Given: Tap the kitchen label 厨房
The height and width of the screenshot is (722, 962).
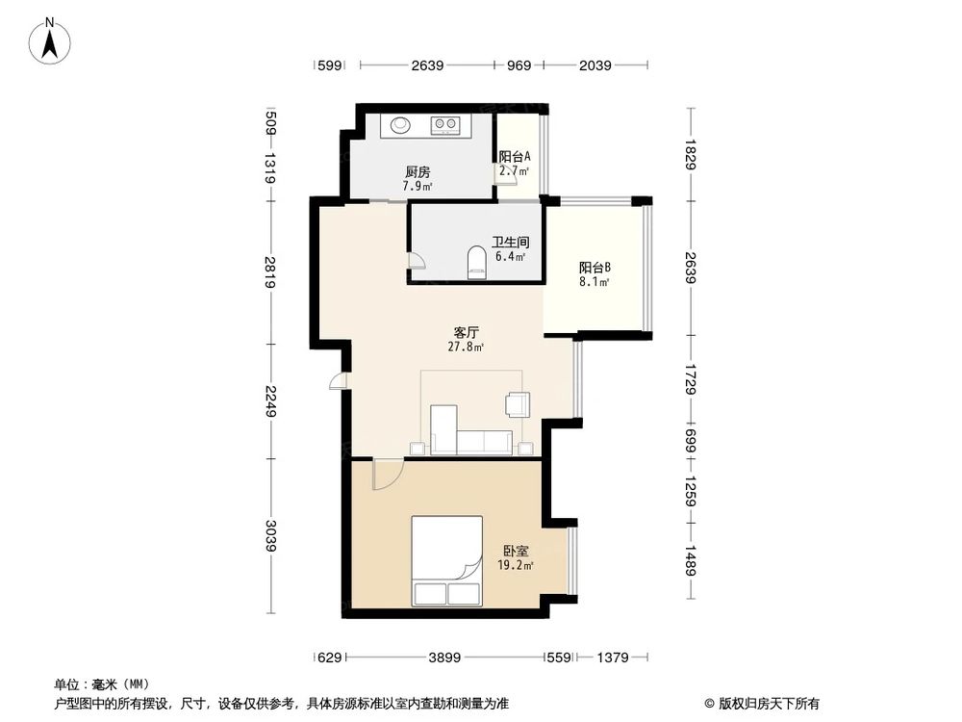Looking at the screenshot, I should point(418,172).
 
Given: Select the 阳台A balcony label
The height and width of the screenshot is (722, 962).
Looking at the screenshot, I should point(515,157).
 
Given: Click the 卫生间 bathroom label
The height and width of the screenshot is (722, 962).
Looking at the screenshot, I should point(511,244).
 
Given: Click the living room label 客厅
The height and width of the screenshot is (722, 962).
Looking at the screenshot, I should point(468,331).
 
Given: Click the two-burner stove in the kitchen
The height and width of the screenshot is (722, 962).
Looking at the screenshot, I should point(444,124).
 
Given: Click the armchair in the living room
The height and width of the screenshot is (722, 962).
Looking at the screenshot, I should point(518,403).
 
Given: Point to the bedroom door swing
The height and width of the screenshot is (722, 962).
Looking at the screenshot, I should point(387,474).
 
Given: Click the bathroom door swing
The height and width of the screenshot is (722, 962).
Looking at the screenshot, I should point(415,261).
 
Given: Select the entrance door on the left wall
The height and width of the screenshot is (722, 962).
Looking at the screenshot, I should point(338,381).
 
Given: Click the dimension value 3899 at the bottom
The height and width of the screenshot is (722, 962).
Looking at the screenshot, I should point(444,658).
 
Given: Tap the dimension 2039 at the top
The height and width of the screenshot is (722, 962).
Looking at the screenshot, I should point(595,65).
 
